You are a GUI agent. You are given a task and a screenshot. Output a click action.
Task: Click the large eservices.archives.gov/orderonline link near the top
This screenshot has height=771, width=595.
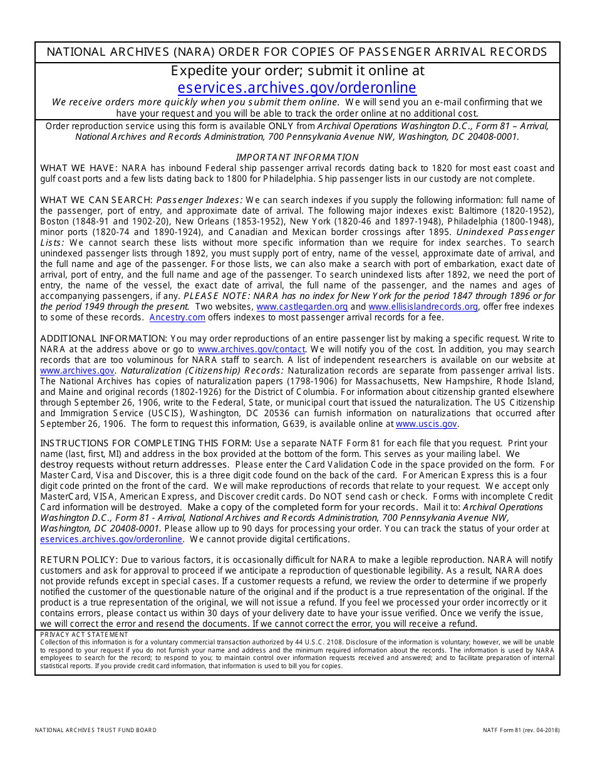pos(296,88)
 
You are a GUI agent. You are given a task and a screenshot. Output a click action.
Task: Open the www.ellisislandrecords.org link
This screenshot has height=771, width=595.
pos(423,307)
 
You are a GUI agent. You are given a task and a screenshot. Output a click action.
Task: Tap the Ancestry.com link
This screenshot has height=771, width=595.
pos(177,317)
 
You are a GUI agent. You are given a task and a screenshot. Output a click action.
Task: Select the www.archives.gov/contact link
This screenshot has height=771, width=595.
pos(251,349)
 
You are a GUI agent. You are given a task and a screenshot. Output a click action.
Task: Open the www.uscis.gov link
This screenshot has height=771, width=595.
pos(426,424)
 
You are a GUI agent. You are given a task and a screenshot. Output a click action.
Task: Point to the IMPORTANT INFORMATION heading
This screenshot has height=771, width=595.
pos(297,157)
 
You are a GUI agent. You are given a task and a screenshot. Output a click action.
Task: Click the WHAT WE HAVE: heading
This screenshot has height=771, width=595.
pos(79,168)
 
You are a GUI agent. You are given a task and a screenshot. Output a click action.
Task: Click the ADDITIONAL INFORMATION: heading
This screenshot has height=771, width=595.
pos(103,338)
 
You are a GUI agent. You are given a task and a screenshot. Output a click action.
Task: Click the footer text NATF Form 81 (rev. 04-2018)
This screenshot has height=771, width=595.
pos(521,730)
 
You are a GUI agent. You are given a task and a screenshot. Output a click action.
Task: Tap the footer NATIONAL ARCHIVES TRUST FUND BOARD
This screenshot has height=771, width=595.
pos(96,730)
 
